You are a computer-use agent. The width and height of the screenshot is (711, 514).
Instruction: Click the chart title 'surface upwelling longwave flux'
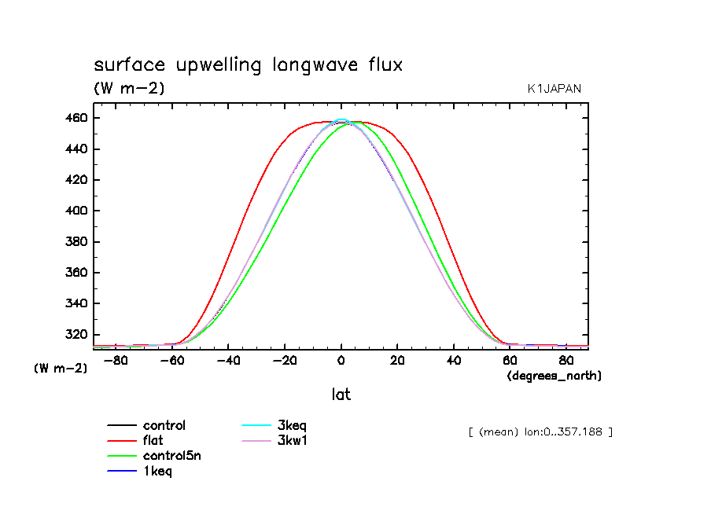(x=248, y=65)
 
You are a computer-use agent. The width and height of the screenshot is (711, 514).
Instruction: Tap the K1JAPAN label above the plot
(x=554, y=89)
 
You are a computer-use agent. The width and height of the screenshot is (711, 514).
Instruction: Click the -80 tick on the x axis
(x=116, y=361)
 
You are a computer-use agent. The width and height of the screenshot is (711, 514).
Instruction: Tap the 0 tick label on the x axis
(x=341, y=361)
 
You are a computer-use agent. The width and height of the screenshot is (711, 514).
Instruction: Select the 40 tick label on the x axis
(x=453, y=361)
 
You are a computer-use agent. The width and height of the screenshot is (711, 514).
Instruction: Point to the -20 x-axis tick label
(x=284, y=361)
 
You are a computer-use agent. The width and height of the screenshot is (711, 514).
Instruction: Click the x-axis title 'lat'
(x=341, y=395)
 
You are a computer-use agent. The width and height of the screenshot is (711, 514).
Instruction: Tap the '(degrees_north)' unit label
(x=554, y=376)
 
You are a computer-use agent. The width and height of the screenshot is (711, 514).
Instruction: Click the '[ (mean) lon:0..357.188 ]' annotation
(x=540, y=431)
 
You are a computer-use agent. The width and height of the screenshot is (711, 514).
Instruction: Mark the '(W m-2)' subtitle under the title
(x=129, y=89)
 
